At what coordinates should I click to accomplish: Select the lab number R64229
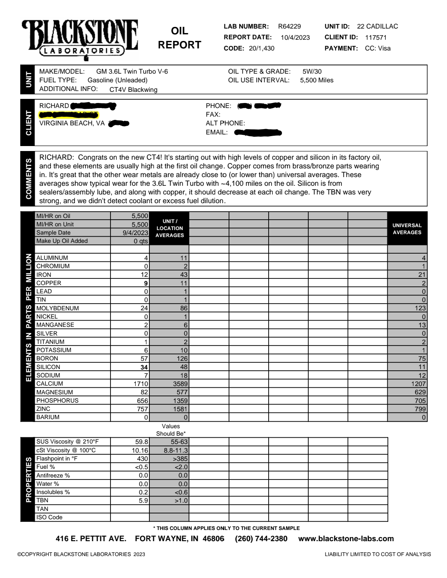coord(289,26)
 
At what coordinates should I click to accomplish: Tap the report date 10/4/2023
coord(295,38)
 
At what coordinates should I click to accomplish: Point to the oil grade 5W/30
coord(312,72)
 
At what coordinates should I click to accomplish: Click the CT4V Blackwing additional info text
coord(133,89)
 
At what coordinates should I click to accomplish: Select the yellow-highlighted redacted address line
coord(68,115)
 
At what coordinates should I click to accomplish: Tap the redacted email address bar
coord(258,133)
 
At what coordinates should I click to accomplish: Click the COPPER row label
coord(49,283)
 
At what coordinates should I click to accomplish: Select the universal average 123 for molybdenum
coord(420,308)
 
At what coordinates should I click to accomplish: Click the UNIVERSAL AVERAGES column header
coord(407,229)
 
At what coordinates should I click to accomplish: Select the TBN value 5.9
coord(143,500)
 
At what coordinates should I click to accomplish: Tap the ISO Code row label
coord(49,517)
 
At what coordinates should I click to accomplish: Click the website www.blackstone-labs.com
coord(346,539)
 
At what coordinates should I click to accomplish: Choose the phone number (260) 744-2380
coord(261,539)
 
